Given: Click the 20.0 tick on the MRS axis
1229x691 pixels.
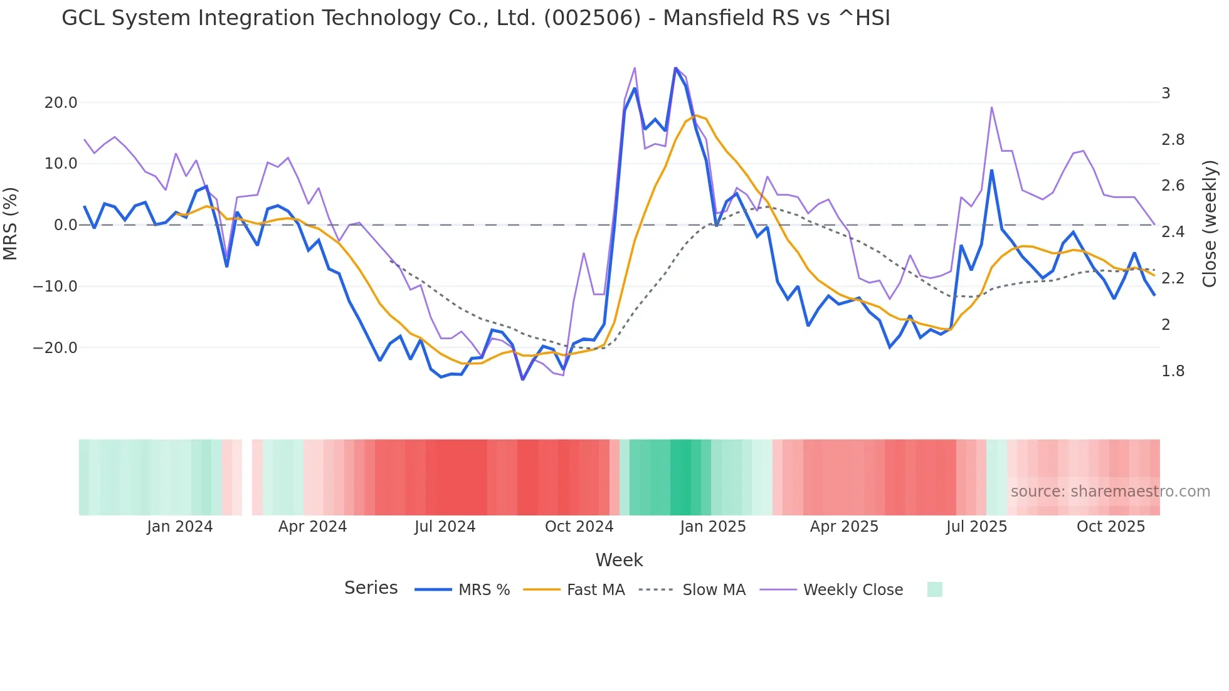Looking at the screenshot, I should [60, 103].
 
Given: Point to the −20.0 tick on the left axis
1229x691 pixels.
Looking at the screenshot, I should [55, 348].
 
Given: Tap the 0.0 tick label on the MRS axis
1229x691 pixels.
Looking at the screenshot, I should [65, 225].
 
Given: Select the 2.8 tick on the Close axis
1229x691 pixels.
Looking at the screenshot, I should [1173, 140].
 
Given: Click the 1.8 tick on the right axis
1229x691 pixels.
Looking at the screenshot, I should [1173, 371].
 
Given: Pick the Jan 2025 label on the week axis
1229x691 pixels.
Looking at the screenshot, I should [712, 527].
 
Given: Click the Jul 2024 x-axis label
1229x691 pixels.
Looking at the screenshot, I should [445, 527].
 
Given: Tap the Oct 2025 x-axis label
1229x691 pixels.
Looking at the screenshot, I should [1110, 527].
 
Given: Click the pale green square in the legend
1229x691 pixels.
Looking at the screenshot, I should [934, 589].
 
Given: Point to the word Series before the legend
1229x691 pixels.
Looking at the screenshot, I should [371, 588].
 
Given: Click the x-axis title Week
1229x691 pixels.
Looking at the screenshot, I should [619, 560].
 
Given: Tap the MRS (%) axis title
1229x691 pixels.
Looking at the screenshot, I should [11, 223].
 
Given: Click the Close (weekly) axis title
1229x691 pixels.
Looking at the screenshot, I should [1210, 223].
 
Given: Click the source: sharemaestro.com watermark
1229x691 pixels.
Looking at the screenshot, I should [1110, 492].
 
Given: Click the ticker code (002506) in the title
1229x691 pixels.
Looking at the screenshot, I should [592, 18].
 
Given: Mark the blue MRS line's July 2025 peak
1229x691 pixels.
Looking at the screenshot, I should [991, 171].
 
